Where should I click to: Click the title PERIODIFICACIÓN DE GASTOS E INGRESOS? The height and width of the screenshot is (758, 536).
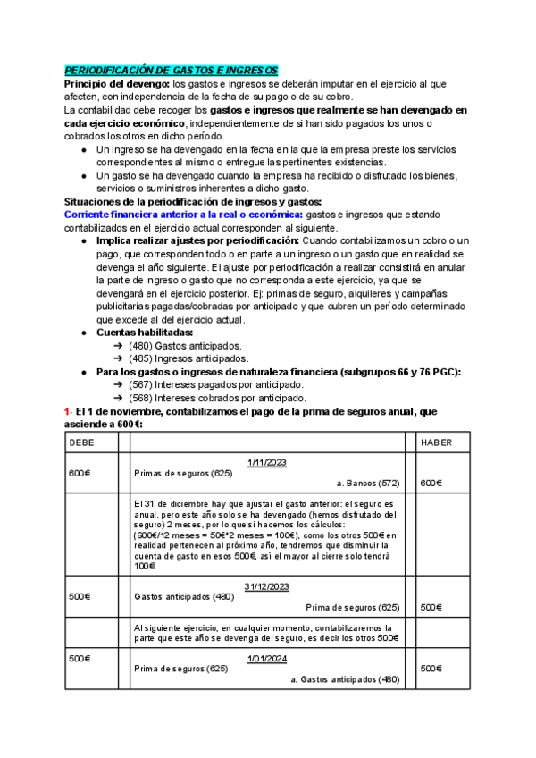172,71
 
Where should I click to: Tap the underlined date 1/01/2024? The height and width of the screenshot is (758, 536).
266,658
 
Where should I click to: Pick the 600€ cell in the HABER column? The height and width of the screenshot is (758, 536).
431,483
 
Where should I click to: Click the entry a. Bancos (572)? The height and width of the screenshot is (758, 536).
367,483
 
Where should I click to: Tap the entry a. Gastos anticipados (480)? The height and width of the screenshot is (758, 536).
344,679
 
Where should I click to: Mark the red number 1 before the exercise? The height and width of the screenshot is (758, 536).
66,410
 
